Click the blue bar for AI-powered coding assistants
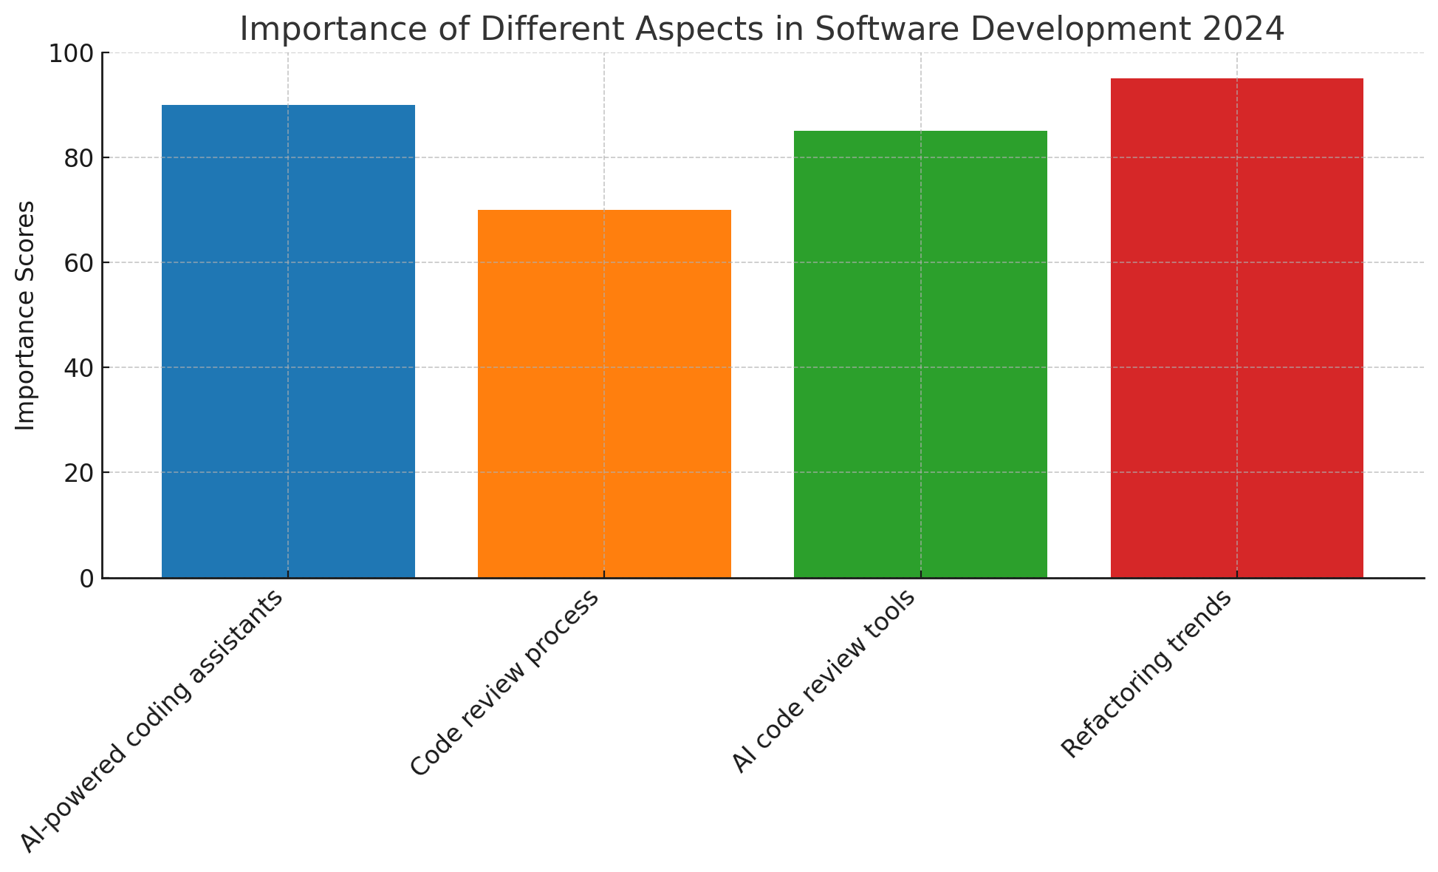pos(288,341)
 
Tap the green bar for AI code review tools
pos(920,354)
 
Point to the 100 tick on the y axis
pos(72,54)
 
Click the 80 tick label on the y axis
pos(79,158)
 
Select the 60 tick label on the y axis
pos(79,263)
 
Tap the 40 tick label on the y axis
pos(79,368)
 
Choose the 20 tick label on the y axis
pos(79,473)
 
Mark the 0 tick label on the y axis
pos(87,579)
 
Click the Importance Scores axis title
pos(26,316)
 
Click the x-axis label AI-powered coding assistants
pos(151,721)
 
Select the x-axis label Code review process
pos(504,684)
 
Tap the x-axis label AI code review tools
pos(824,681)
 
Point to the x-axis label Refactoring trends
pos(1147,675)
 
